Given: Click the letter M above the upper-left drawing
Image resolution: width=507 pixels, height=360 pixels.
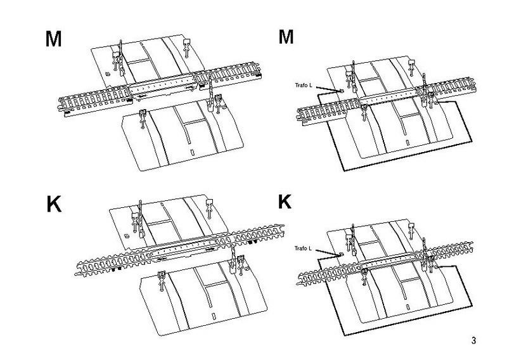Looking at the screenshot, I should (x=53, y=39).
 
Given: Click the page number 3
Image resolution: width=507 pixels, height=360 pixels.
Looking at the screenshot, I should (x=473, y=340).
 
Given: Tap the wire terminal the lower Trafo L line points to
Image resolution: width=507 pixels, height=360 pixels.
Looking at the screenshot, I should (x=341, y=254).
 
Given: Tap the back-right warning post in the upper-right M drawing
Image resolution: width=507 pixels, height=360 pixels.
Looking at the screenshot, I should (x=412, y=65).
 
